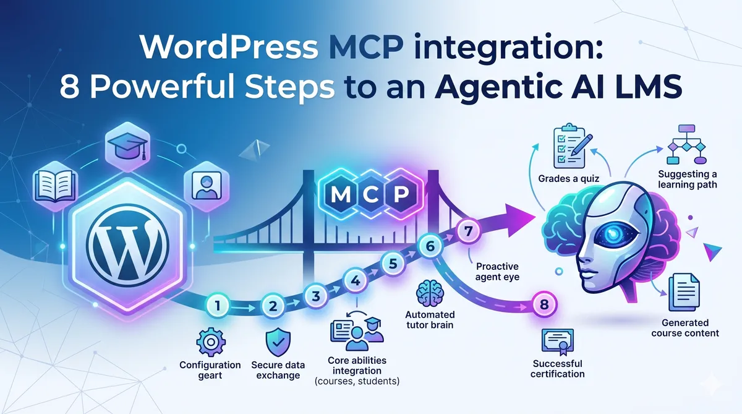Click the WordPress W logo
pyautogui.click(x=127, y=241)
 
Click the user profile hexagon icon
pyautogui.click(x=202, y=184)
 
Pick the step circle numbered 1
pyautogui.click(x=218, y=304)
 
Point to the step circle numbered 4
pyautogui.click(x=355, y=280)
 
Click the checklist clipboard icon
pyautogui.click(x=569, y=145)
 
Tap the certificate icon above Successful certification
pyautogui.click(x=558, y=340)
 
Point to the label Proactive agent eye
pyautogui.click(x=498, y=270)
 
